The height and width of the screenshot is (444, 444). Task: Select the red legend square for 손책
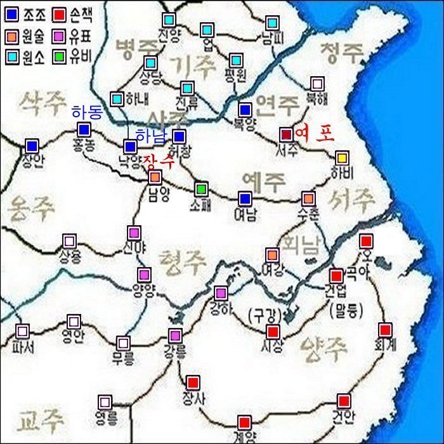pos(60,12)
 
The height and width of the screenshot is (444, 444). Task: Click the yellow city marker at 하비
pos(342,157)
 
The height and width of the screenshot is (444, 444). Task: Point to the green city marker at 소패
pos(201,188)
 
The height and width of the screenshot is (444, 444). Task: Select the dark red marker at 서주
pos(286,134)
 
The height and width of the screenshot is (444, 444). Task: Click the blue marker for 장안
pos(32,146)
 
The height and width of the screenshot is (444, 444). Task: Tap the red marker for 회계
pos(385,330)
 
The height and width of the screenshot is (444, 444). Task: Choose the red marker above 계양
pos(244,422)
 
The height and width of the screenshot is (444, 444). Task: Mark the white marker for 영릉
pos(105,402)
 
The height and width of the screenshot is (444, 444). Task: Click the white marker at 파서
pos(23,331)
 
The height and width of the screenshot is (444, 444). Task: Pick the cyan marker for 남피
pos(271,23)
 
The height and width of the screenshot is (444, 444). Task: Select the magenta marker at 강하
pos(221,293)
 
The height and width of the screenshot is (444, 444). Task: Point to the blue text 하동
pos(87,112)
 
